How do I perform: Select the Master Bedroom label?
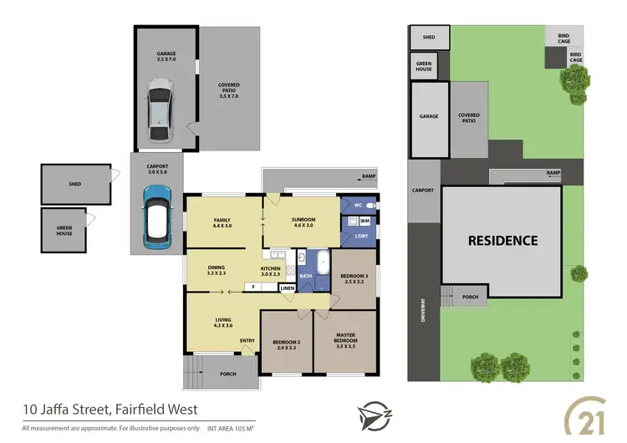coord(345,338)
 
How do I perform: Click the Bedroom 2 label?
coord(285,342)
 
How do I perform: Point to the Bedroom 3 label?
coord(353,278)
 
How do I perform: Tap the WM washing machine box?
coord(364,221)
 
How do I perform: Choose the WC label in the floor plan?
coord(357,206)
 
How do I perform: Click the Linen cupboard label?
coord(287,288)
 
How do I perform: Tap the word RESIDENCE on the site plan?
coord(502,241)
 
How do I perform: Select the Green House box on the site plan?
coord(424,66)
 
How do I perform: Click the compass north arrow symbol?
coord(370,415)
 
